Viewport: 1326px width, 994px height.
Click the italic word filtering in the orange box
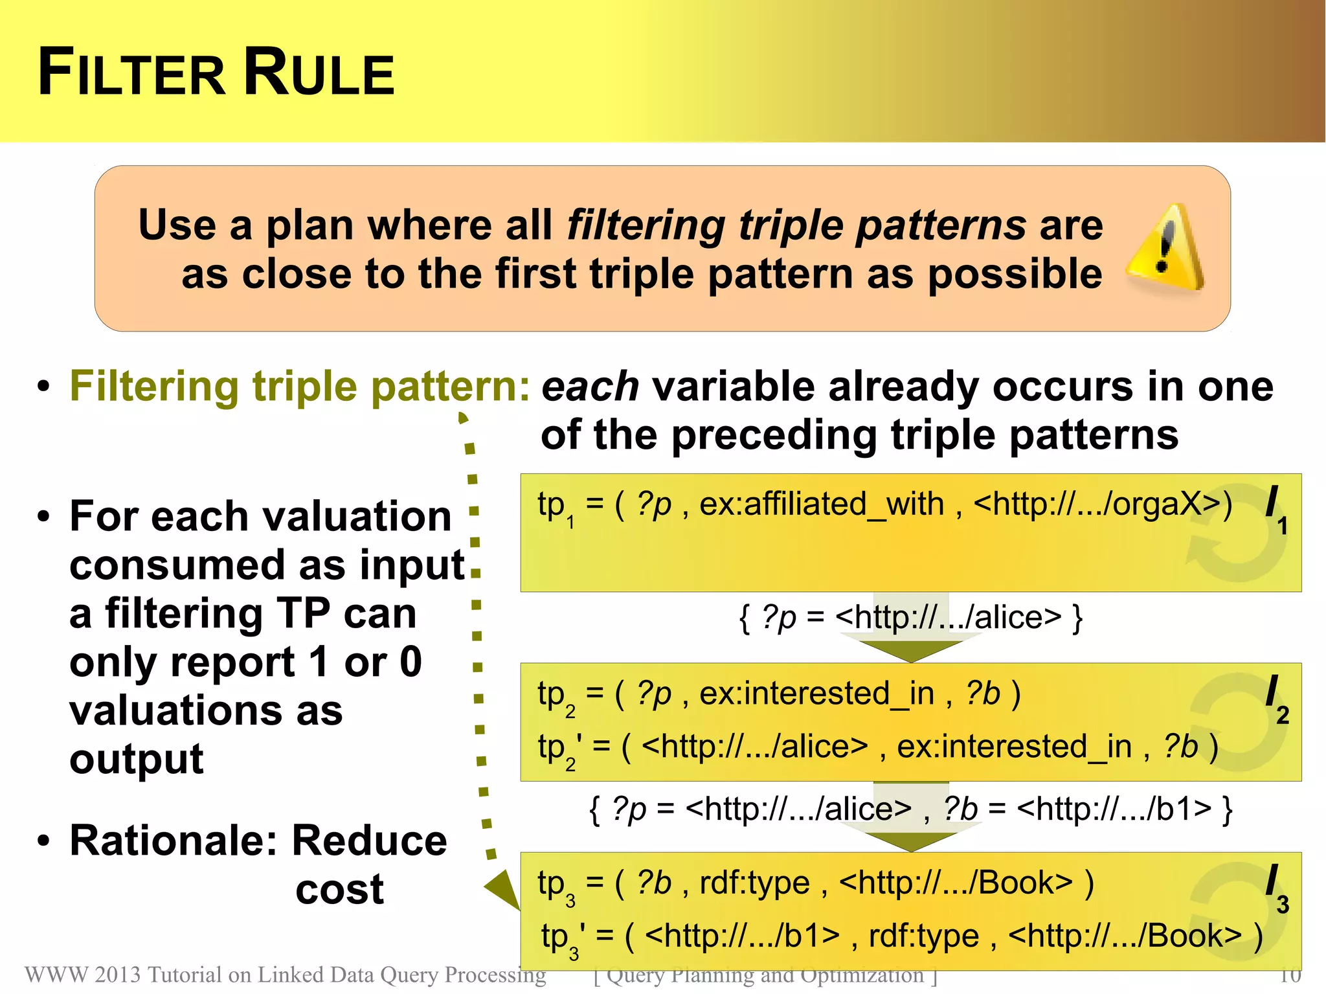(x=646, y=225)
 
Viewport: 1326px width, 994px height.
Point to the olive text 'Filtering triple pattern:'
(x=300, y=387)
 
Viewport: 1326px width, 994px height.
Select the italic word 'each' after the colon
(x=590, y=387)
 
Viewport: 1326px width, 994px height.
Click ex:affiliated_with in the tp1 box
(x=822, y=504)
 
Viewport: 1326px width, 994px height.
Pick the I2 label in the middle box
(x=1276, y=699)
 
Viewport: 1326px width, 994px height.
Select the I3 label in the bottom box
(x=1276, y=888)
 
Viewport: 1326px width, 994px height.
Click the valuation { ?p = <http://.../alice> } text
(x=910, y=617)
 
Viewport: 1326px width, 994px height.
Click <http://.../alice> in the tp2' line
(x=754, y=747)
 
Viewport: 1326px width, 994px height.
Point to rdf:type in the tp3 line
(x=754, y=883)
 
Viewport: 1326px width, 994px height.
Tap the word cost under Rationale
(x=339, y=890)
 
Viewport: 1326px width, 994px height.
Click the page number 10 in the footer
(x=1290, y=975)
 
